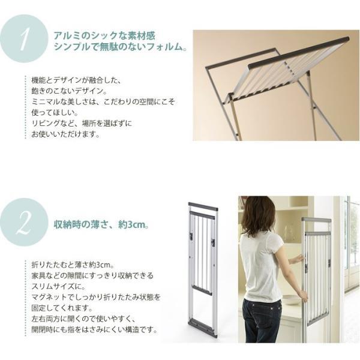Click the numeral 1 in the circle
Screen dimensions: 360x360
click(24, 38)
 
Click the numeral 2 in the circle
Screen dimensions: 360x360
click(25, 222)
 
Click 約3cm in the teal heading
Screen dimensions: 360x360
click(132, 224)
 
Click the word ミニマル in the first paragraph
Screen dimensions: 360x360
click(46, 101)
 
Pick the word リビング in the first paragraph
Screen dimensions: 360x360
click(46, 123)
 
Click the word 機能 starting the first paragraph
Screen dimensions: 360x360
click(38, 80)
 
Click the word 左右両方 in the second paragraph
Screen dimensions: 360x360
click(46, 319)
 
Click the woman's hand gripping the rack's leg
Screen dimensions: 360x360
click(304, 297)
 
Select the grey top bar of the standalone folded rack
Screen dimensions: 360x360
click(203, 206)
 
